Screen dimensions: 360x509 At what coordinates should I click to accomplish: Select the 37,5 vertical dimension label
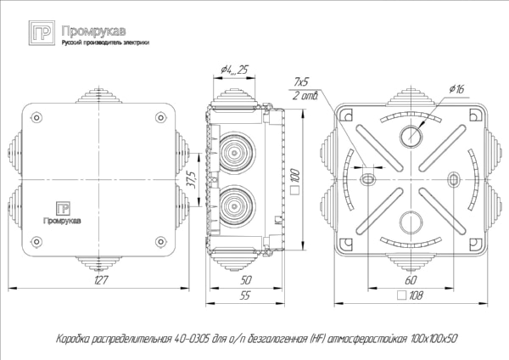(x=193, y=179)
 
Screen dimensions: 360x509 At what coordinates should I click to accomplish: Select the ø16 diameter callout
(x=455, y=88)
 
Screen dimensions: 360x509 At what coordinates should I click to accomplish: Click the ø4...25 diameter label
(x=233, y=70)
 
